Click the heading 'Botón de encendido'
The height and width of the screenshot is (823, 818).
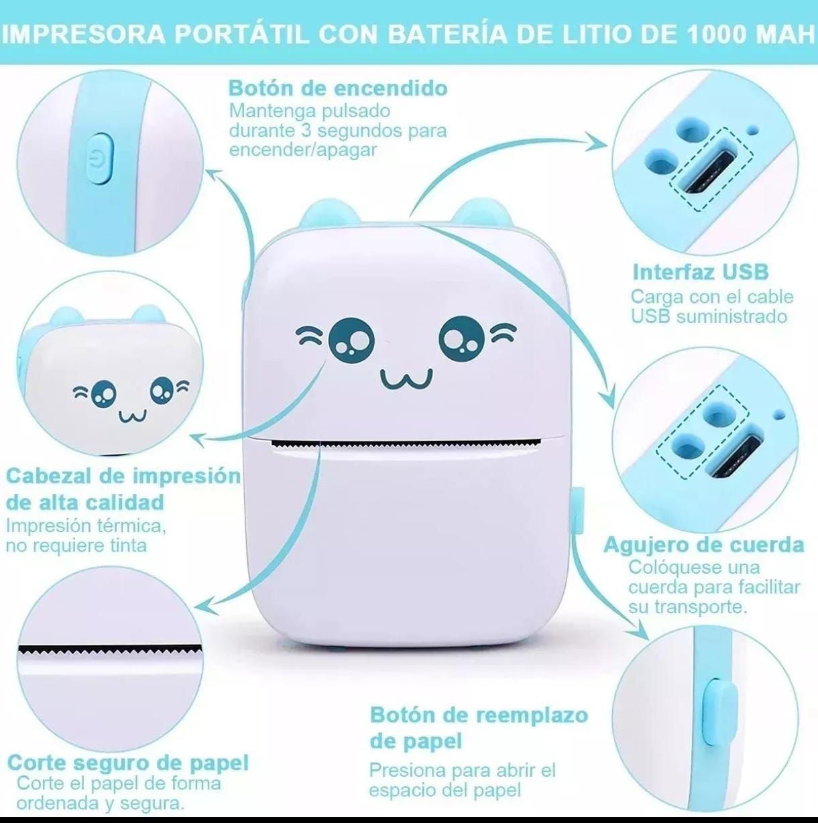click(338, 88)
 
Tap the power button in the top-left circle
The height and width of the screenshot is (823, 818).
click(101, 159)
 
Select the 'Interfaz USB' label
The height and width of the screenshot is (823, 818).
click(701, 272)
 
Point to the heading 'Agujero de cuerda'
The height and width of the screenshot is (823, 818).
click(704, 546)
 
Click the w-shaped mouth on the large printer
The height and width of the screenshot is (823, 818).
click(407, 379)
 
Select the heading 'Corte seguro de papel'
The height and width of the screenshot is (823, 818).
click(128, 763)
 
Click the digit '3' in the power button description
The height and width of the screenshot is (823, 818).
click(306, 131)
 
